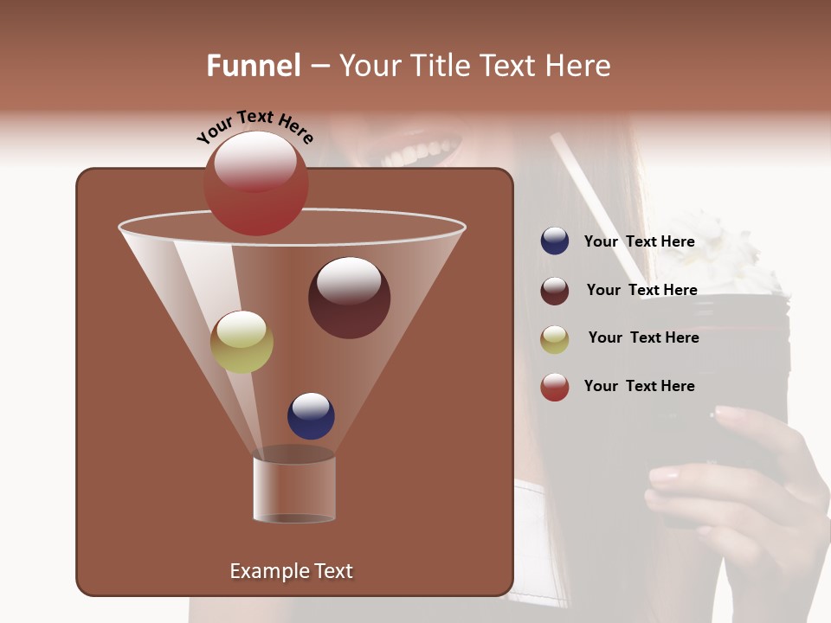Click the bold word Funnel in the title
(x=254, y=66)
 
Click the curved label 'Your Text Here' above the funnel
(x=254, y=128)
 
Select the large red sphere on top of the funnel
(x=255, y=183)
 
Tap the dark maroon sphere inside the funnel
(x=349, y=298)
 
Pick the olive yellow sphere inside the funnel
(x=242, y=342)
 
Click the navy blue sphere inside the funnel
(x=311, y=415)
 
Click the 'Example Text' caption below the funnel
(x=291, y=571)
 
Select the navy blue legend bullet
(x=555, y=241)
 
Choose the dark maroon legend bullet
(x=555, y=291)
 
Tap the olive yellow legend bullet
(x=555, y=339)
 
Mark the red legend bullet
(x=555, y=387)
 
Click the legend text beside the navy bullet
(x=639, y=242)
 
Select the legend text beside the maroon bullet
(x=641, y=291)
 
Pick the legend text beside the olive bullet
(x=643, y=338)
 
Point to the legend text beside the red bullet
(x=639, y=387)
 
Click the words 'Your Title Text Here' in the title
(x=474, y=66)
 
